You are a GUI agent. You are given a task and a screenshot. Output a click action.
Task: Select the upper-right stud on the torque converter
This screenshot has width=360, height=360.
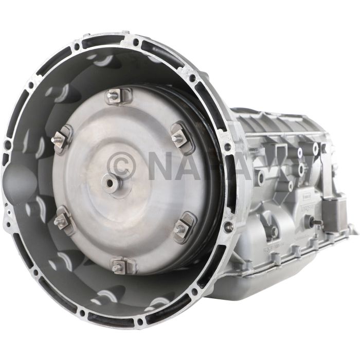coord(178,137)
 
